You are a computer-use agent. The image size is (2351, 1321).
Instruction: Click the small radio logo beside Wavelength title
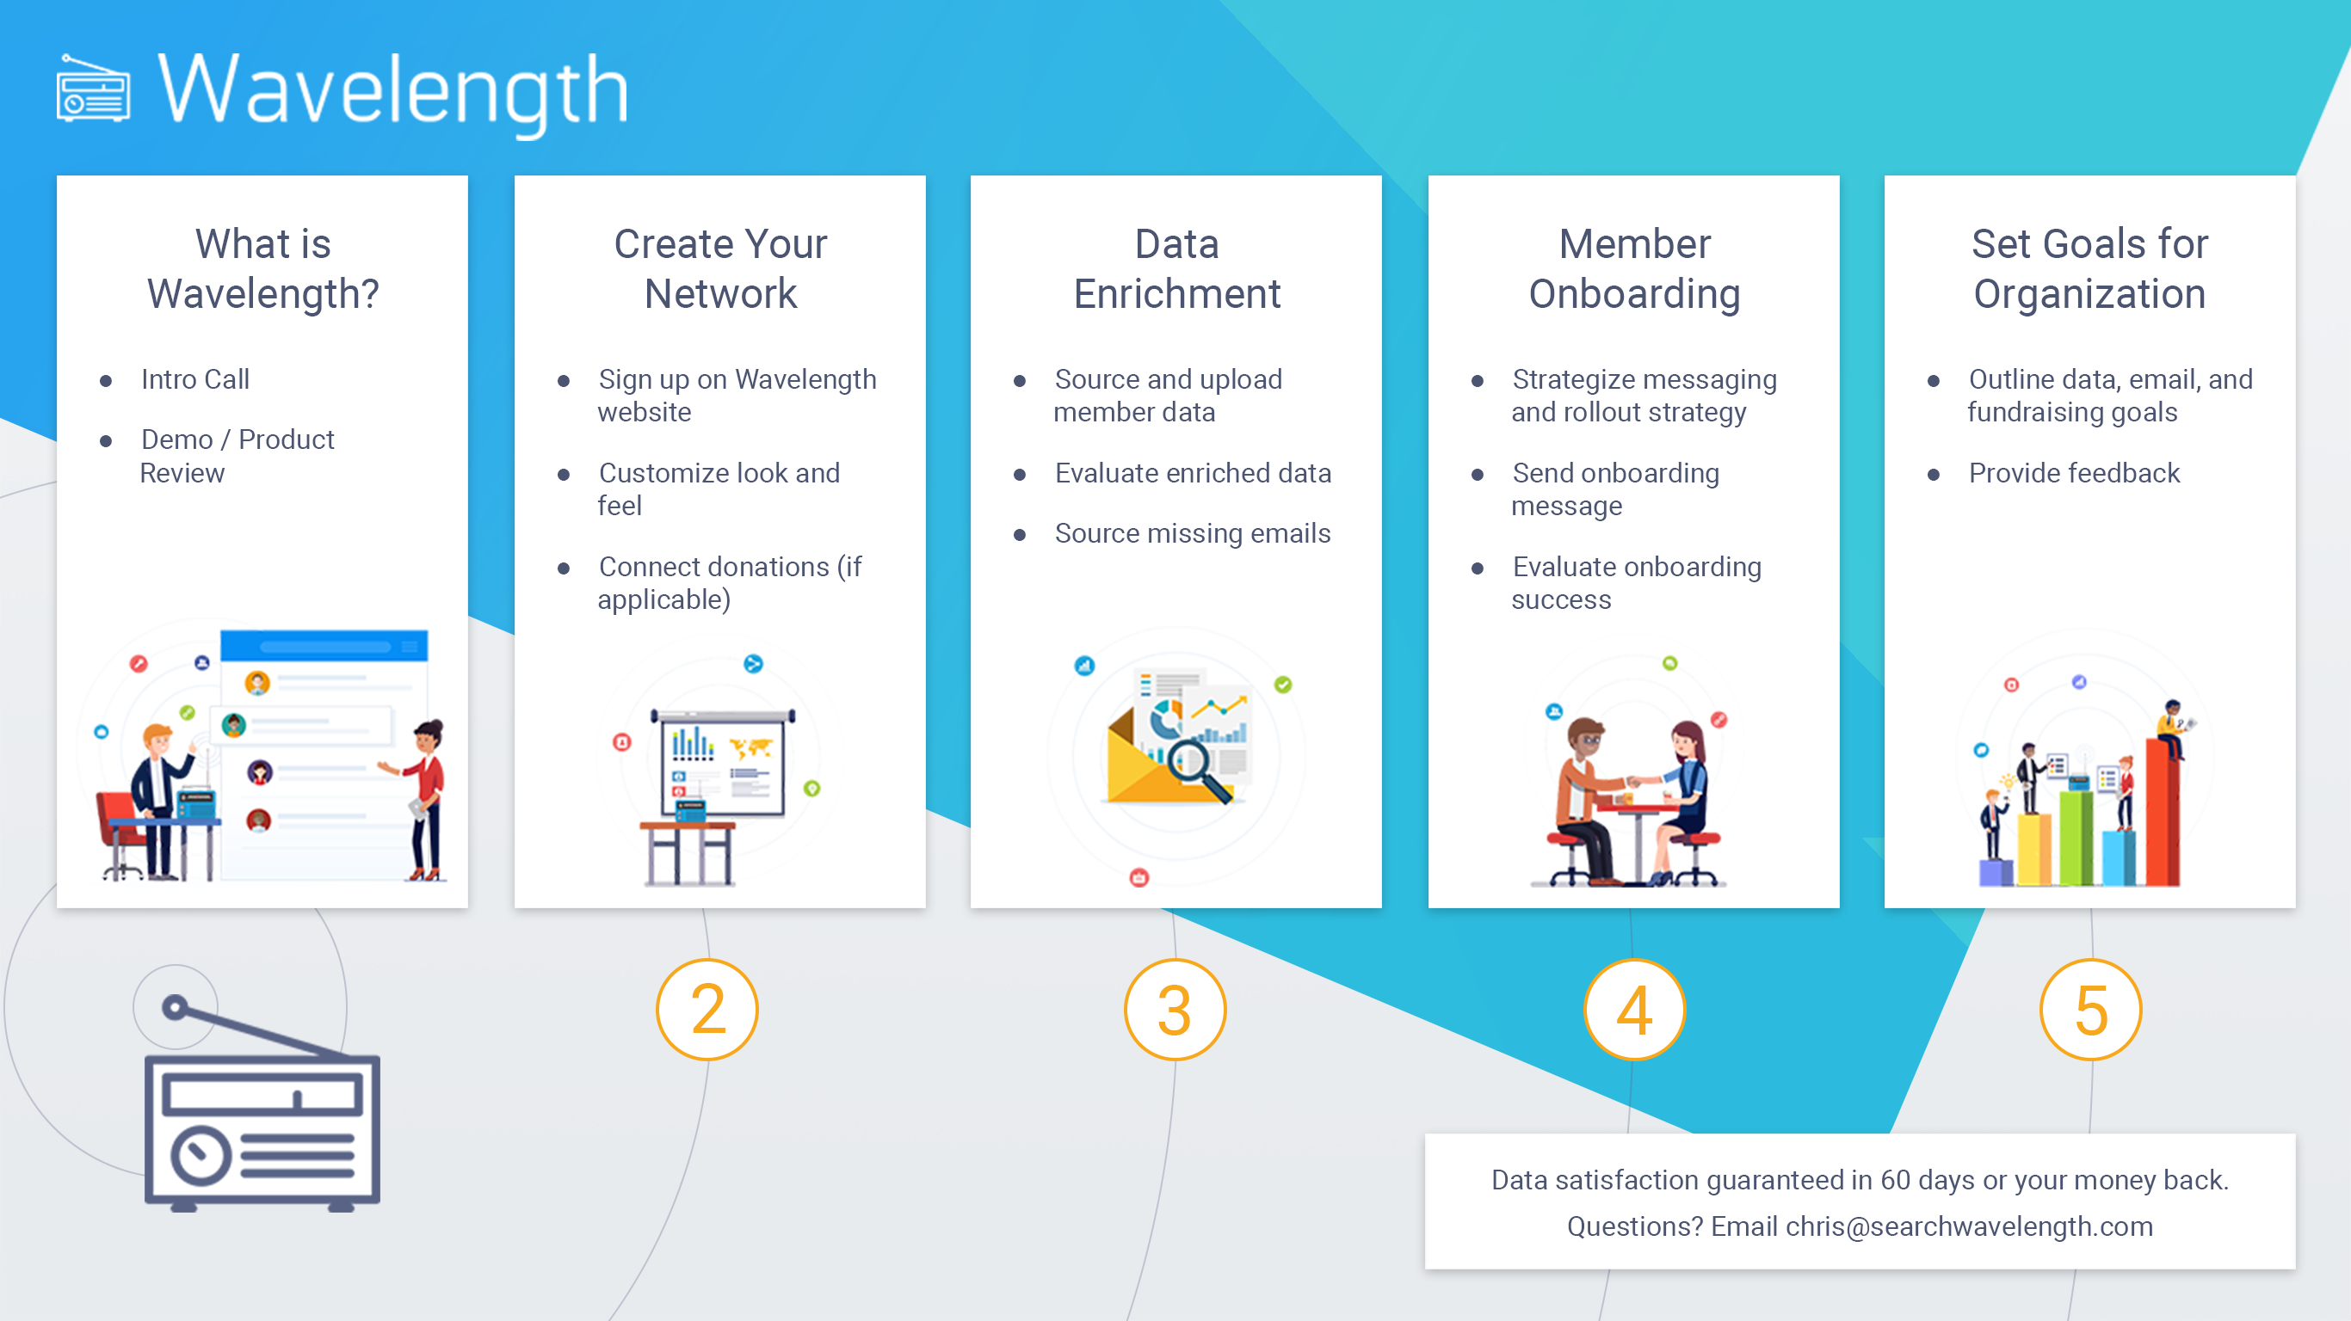point(93,89)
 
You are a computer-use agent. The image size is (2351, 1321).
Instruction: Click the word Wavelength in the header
point(393,91)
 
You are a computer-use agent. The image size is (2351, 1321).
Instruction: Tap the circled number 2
point(707,1010)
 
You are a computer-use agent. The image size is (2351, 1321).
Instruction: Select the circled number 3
point(1175,1010)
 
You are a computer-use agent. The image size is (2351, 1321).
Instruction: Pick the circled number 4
point(1633,1010)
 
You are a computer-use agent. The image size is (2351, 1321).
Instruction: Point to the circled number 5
point(2091,1010)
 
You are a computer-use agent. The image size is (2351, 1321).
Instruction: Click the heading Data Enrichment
point(1176,269)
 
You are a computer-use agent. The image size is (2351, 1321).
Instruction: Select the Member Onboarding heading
point(1634,269)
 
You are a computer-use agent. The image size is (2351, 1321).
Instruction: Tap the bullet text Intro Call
point(195,379)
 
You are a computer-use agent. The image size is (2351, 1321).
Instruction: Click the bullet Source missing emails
point(1193,534)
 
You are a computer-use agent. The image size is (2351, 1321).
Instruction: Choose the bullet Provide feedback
point(2074,474)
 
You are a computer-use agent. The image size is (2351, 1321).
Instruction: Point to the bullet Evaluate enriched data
point(1193,474)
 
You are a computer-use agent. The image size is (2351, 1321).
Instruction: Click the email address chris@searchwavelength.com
point(1969,1227)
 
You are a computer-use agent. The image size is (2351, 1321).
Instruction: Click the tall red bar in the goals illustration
point(2162,811)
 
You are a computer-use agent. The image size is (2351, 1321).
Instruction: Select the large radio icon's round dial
point(201,1156)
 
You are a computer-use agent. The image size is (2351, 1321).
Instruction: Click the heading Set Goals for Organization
point(2090,269)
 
